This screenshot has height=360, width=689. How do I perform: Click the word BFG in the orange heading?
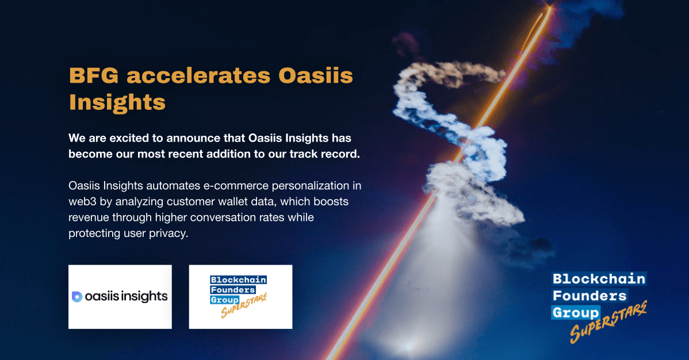94,75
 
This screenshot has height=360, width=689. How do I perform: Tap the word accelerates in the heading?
198,75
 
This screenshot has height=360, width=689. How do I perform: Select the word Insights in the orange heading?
117,102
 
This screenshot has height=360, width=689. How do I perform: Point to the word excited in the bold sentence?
129,138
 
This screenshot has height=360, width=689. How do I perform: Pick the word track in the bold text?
302,154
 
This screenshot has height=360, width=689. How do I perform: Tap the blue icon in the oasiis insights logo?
77,297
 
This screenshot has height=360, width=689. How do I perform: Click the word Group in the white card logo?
224,300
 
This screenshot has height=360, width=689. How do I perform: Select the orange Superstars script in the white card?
244,306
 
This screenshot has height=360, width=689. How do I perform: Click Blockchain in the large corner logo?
599,279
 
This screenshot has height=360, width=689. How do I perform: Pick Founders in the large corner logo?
590,296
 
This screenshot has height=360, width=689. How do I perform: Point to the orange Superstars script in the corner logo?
608,322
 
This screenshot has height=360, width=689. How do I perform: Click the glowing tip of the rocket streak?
550,6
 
